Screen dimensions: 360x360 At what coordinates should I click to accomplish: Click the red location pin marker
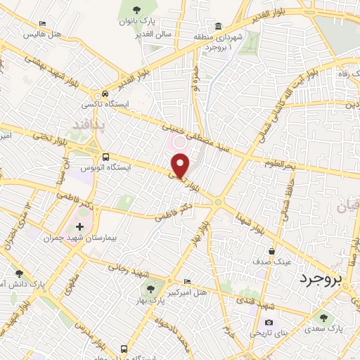coord(181,166)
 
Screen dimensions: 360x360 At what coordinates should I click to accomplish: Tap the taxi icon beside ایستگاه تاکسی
coord(105,94)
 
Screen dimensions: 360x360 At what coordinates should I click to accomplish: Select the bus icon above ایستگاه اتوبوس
coord(105,157)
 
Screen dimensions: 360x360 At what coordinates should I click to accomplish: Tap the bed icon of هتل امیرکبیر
coord(186,281)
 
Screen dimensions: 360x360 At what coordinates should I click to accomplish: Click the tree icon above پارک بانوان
coord(136,10)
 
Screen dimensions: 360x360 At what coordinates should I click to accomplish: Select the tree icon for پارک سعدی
coord(323,317)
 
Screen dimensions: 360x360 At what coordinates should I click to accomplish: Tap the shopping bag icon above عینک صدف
coord(271,251)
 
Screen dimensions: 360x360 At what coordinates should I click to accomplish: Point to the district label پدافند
coord(89,124)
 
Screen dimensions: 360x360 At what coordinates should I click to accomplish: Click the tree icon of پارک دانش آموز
coord(19,274)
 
